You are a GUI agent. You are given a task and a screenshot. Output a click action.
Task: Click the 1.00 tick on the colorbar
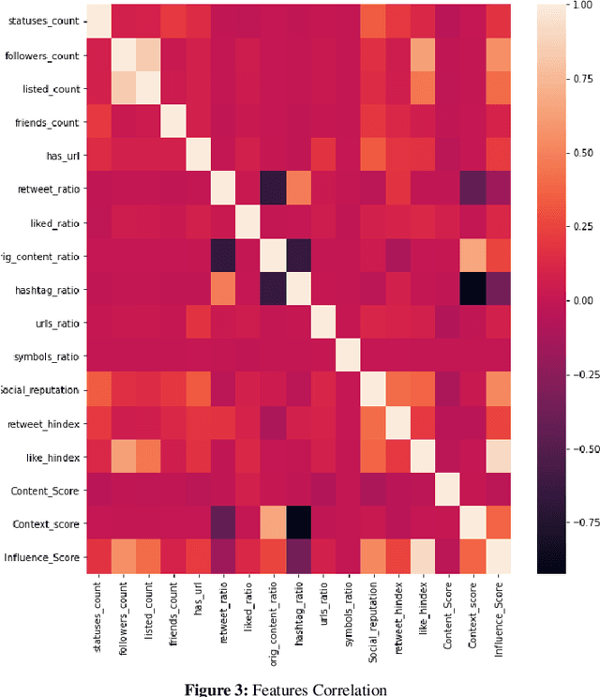(572, 7)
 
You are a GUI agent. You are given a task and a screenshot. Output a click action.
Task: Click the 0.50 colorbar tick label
(572, 153)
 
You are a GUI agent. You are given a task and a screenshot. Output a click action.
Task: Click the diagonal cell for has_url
(198, 156)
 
